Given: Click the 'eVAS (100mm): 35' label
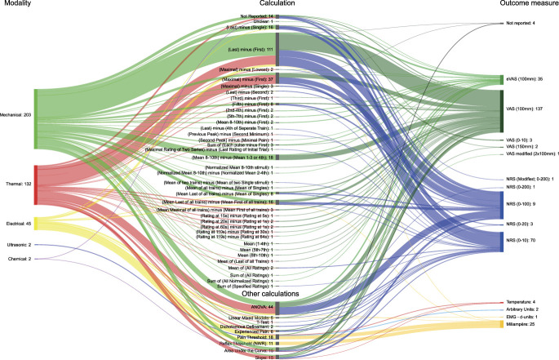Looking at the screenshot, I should pos(528,78).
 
